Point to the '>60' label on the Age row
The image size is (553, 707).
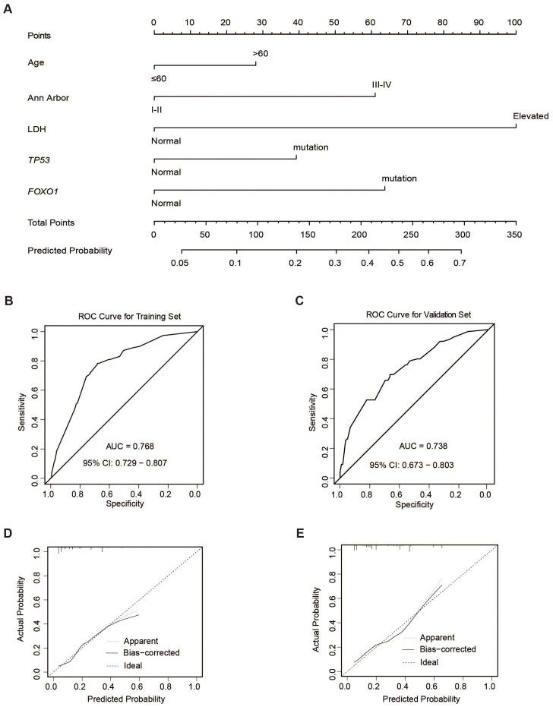tap(261, 54)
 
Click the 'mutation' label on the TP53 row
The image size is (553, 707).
tap(311, 147)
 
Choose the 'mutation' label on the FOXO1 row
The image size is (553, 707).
tap(400, 178)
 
